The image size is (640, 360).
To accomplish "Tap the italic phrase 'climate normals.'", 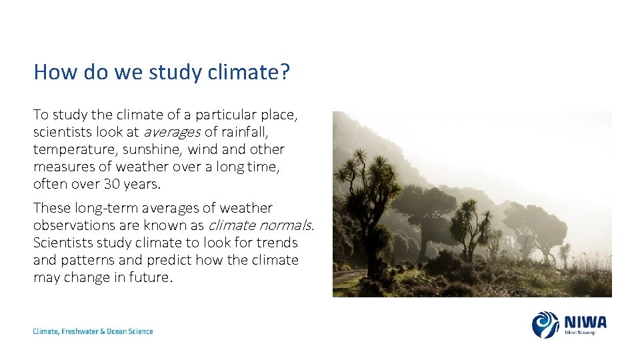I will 261,225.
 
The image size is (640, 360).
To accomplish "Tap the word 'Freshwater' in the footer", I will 83,331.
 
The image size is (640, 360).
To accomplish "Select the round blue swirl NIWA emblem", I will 545,325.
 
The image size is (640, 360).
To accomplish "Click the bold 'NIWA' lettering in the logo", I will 585,322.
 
